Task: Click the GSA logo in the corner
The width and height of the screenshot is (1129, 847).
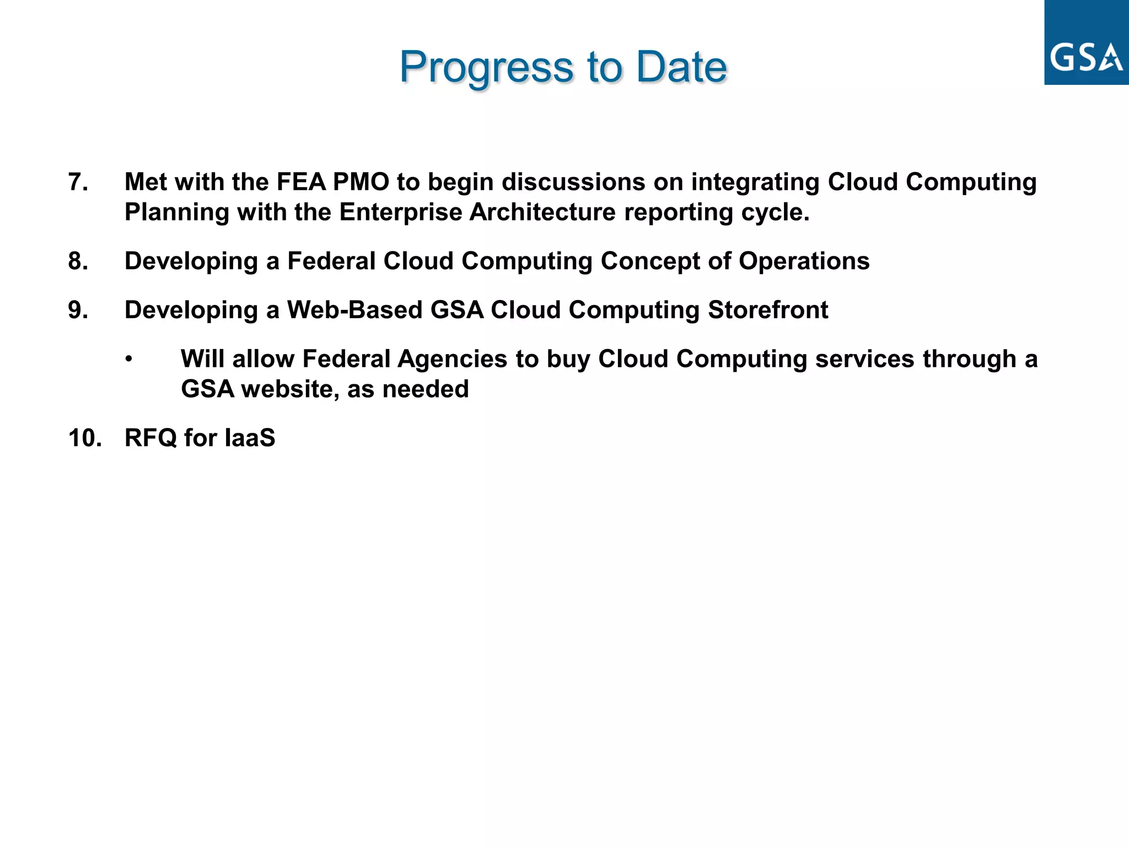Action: click(x=1086, y=43)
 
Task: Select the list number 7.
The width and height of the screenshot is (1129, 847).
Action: click(x=78, y=182)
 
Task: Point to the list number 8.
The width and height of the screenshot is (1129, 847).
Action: click(x=78, y=261)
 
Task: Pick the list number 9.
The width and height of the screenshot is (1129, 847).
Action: click(x=78, y=310)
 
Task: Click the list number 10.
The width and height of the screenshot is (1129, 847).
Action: click(x=85, y=438)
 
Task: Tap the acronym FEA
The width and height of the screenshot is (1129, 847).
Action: click(x=301, y=182)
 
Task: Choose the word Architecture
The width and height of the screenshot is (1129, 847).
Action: click(x=542, y=212)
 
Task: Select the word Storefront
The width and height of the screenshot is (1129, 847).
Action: click(x=768, y=310)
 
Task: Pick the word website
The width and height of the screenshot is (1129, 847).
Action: click(x=290, y=389)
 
